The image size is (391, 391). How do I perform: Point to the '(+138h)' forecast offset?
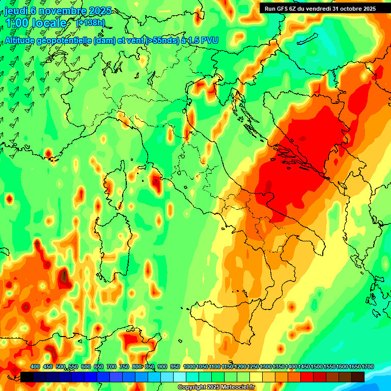tap(90, 22)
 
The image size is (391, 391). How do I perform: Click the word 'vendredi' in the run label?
tap(319, 8)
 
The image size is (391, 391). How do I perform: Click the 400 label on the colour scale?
tap(35, 367)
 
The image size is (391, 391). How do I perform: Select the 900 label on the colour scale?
tap(162, 367)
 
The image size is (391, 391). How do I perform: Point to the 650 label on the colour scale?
tap(99, 367)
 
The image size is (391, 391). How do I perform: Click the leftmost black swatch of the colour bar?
tap(27, 377)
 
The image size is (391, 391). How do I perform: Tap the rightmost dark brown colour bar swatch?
tap(358, 377)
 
